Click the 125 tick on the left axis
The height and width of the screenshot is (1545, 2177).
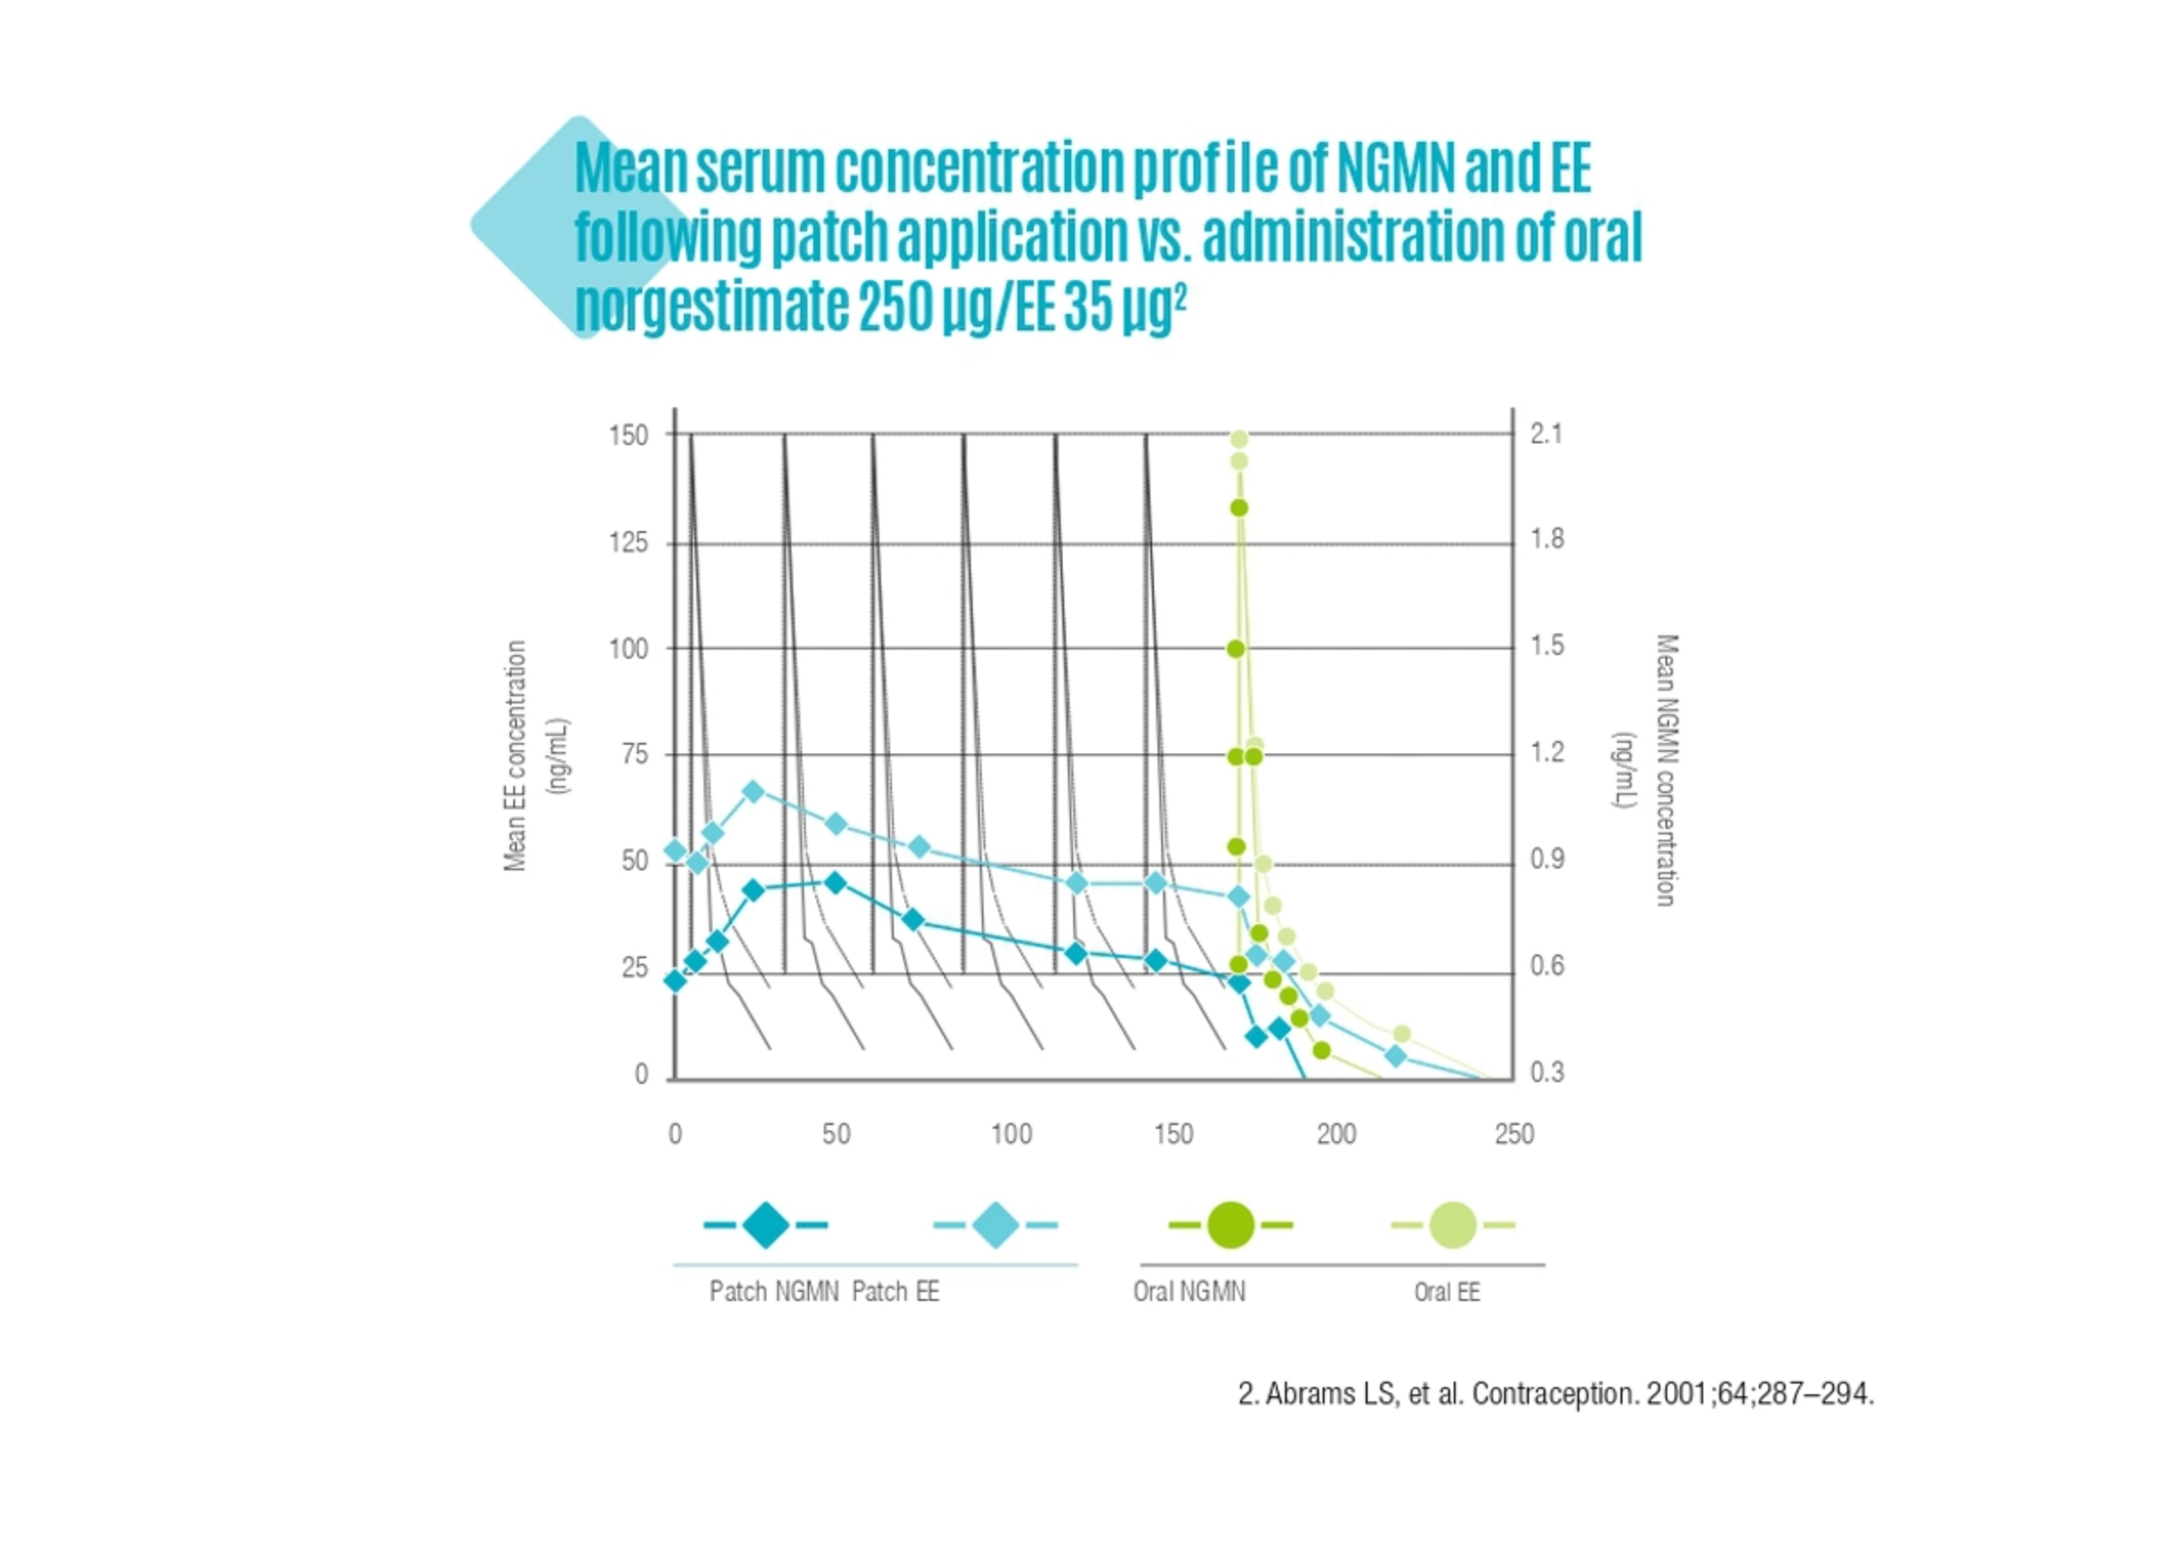coord(628,543)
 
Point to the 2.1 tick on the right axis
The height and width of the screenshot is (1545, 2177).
coord(1546,434)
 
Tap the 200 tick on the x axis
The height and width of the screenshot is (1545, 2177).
coord(1336,1134)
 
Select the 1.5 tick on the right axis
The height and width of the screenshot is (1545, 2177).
coord(1546,646)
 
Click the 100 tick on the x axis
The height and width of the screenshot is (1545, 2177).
coord(1010,1134)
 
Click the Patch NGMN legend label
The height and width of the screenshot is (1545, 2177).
coord(774,1291)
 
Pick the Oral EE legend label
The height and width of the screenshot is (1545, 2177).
coord(1447,1292)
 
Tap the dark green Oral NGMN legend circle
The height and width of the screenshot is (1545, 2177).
coord(1229,1225)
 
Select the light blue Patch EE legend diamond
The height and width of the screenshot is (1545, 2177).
coord(995,1225)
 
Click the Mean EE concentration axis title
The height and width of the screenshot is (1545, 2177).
coord(516,755)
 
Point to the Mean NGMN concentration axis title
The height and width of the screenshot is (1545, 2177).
coord(1666,771)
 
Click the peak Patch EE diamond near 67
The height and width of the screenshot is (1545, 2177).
coord(753,791)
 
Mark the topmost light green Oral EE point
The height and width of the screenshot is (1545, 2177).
coord(1239,440)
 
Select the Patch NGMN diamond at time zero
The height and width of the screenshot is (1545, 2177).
coord(676,981)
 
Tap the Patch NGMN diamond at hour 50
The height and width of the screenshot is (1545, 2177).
coord(835,883)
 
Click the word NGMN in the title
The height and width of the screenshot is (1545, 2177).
coord(1395,168)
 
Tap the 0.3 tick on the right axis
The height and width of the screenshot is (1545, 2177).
coord(1546,1072)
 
